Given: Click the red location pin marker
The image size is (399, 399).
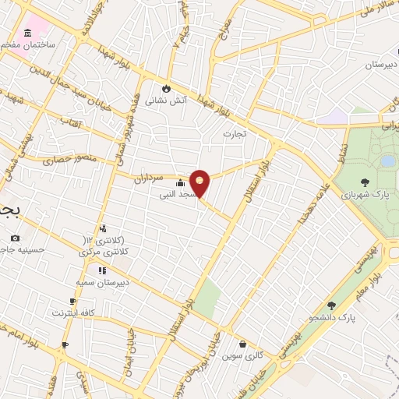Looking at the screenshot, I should coord(200,183).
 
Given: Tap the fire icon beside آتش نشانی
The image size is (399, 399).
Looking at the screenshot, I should coord(165,88).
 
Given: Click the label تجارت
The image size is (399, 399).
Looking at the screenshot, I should coord(235,134).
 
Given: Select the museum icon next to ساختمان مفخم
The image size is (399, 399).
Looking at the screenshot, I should coord(28,32).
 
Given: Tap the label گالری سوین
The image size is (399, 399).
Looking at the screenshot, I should coord(239,356).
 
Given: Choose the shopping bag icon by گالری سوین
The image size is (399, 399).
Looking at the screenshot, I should coord(242,344).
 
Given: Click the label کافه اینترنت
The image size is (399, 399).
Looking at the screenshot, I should coord(72,312).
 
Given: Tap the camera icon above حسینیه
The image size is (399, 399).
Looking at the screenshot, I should coord(15,237).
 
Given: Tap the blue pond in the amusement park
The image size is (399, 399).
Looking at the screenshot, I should coord(387,161).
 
